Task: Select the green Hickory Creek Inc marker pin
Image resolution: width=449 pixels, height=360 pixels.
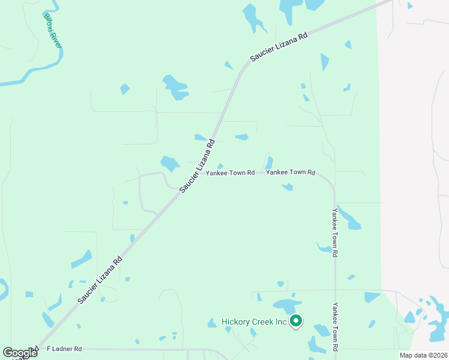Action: [x=296, y=322]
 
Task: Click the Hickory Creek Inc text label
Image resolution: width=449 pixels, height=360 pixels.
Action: [x=255, y=322]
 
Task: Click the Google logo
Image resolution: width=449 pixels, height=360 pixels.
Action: [x=20, y=353]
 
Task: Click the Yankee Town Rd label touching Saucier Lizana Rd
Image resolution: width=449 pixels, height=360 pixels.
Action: [x=231, y=173]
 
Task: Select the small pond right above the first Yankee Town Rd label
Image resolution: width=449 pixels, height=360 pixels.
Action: [x=220, y=166]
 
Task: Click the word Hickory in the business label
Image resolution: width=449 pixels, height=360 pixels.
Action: [x=235, y=322]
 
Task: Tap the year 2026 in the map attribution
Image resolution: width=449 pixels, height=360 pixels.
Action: [x=436, y=355]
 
